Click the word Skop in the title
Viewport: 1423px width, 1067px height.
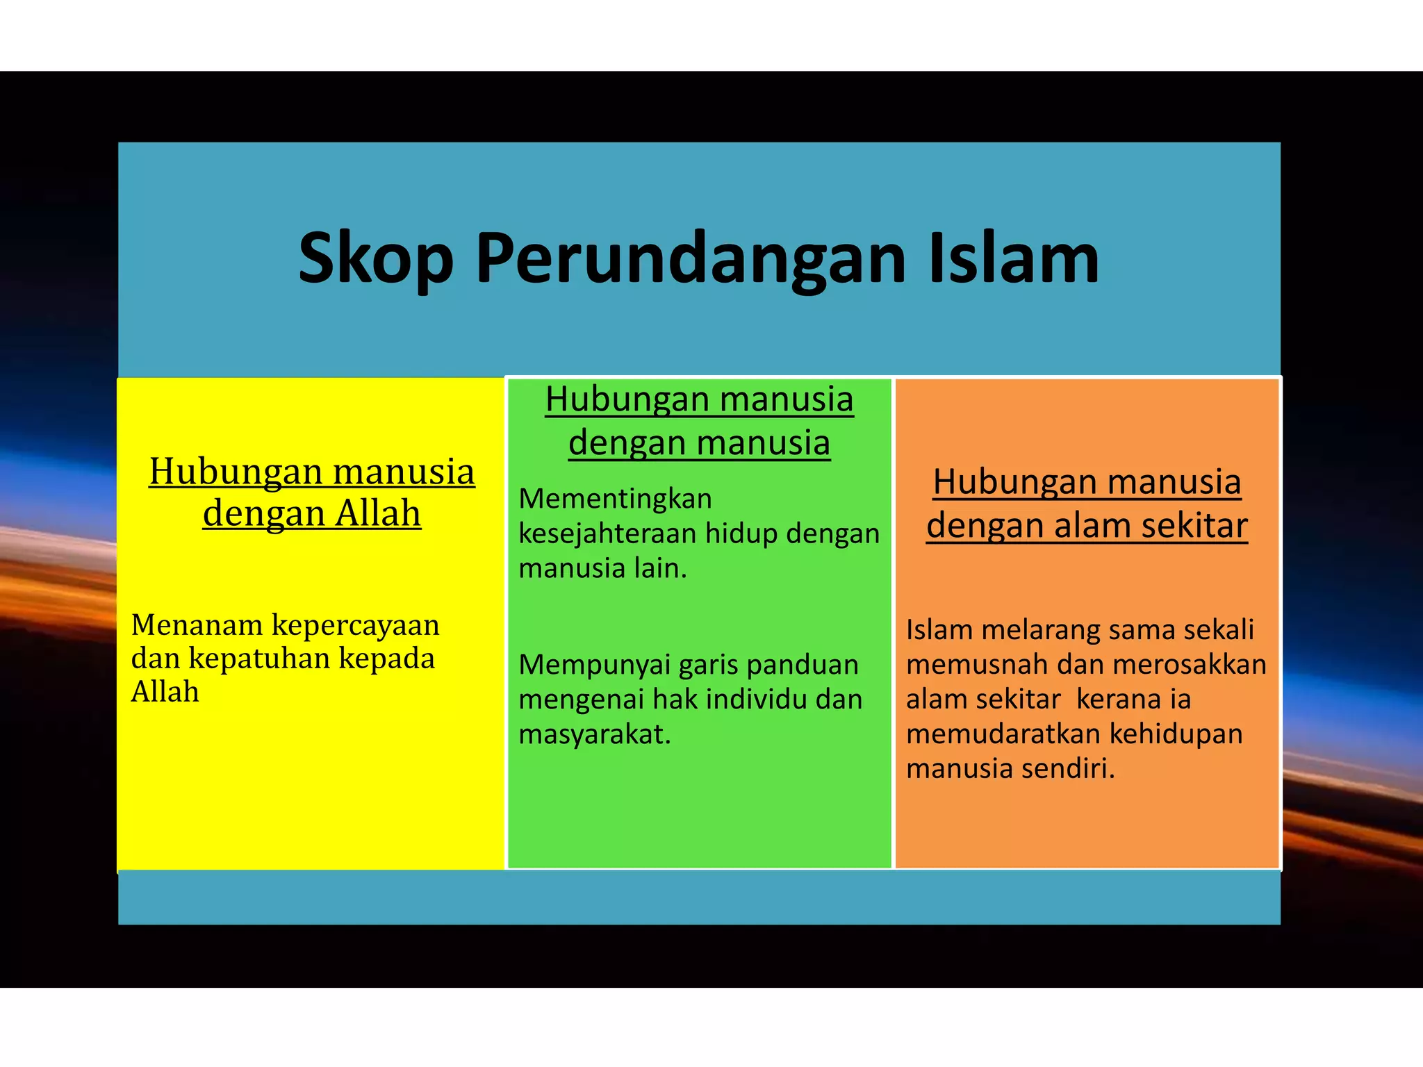point(375,259)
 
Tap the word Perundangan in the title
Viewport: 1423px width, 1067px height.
point(691,259)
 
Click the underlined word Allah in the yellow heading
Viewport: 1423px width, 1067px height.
point(378,513)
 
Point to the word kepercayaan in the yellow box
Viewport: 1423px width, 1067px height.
point(355,625)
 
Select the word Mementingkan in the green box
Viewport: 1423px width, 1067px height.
point(615,499)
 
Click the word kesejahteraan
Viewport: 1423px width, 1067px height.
point(607,533)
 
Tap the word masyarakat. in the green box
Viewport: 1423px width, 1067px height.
point(595,734)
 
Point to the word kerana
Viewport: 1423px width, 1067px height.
point(1119,699)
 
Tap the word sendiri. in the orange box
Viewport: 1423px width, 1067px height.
point(1074,768)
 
